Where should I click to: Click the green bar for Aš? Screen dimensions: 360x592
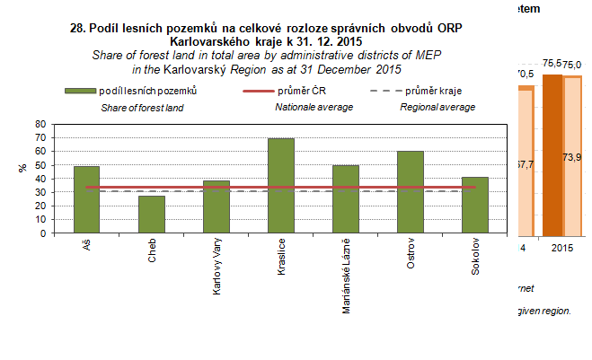(x=86, y=199)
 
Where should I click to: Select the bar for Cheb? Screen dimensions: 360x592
(x=151, y=215)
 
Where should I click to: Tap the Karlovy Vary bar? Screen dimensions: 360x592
(x=216, y=206)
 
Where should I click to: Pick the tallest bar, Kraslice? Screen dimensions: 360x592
(x=280, y=186)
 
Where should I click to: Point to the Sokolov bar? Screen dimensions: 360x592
(x=474, y=205)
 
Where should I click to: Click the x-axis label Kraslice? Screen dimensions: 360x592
(x=281, y=260)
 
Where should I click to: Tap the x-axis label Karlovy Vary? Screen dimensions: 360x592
(x=216, y=267)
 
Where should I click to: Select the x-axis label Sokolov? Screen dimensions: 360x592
(x=475, y=259)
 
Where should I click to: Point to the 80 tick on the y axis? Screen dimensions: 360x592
(x=40, y=125)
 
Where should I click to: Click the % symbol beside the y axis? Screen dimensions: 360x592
(x=22, y=168)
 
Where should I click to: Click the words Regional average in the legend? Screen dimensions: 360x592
(x=437, y=107)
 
